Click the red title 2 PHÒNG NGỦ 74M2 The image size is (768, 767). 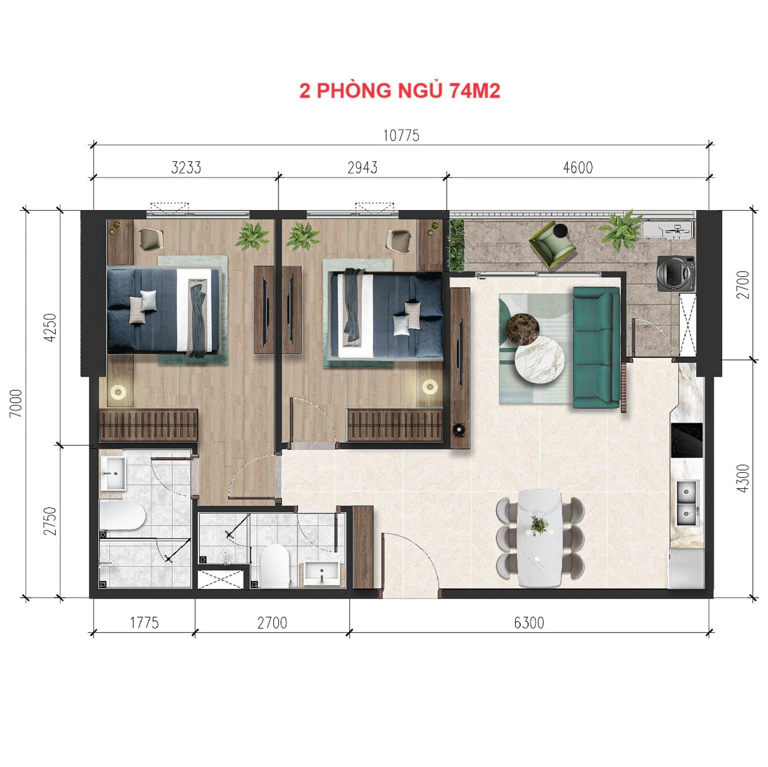[x=399, y=91]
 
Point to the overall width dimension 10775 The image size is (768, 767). [x=401, y=135]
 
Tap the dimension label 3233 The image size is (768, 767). [x=186, y=167]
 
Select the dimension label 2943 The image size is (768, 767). [x=362, y=167]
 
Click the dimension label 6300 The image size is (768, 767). [x=529, y=623]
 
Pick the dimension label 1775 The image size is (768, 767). [x=145, y=623]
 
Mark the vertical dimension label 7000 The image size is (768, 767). [x=16, y=403]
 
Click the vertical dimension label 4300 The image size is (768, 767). [x=743, y=478]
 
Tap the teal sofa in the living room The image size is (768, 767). [x=596, y=347]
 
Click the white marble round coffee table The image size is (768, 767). [x=540, y=361]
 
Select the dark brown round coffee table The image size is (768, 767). [x=522, y=328]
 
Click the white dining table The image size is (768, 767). [x=540, y=538]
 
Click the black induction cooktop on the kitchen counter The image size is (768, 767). [x=687, y=440]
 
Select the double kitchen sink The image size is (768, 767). [x=688, y=503]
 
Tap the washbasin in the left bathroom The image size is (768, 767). [x=112, y=473]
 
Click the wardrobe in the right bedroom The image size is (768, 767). [x=394, y=425]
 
